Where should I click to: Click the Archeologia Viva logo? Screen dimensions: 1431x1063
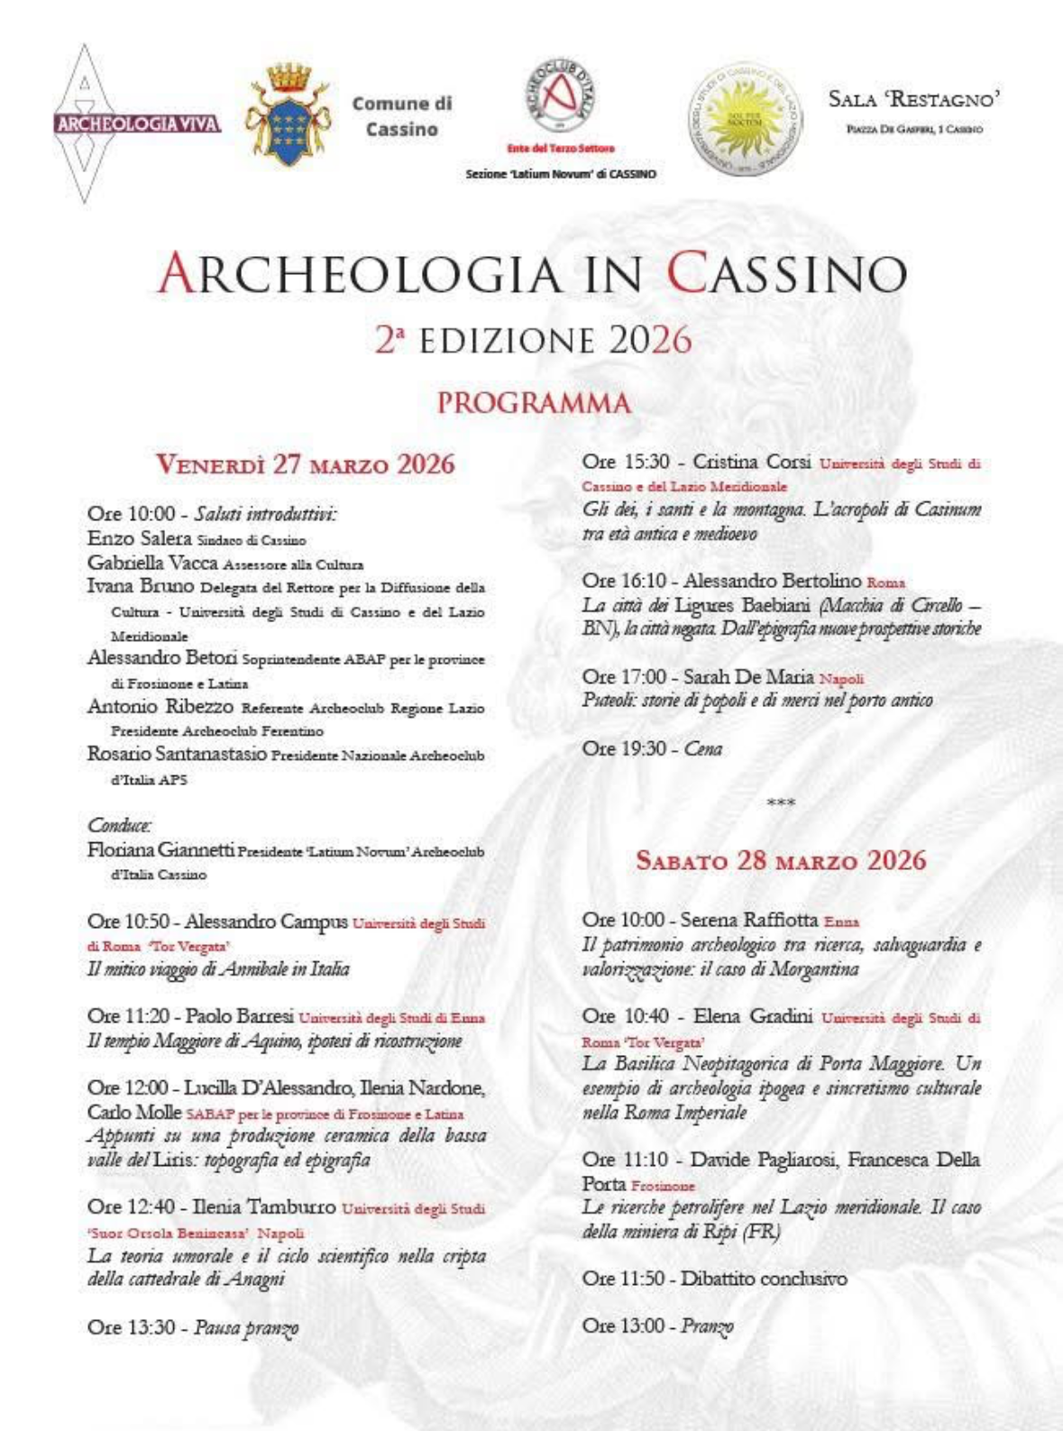point(137,124)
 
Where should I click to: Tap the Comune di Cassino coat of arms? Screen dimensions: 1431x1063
point(289,115)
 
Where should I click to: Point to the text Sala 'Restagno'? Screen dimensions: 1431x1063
point(913,100)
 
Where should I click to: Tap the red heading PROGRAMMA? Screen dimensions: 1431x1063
point(534,403)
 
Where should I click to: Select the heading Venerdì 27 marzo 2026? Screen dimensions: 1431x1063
point(305,464)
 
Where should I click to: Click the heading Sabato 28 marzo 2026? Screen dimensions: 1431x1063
point(781,859)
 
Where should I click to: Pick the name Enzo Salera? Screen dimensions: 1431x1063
point(139,538)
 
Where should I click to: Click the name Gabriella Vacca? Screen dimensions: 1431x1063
point(152,563)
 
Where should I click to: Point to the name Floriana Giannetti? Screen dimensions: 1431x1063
point(160,849)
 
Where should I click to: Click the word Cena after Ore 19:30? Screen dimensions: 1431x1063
point(703,748)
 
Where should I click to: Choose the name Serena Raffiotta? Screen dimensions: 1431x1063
point(748,920)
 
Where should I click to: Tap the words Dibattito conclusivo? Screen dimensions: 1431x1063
point(764,1279)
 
